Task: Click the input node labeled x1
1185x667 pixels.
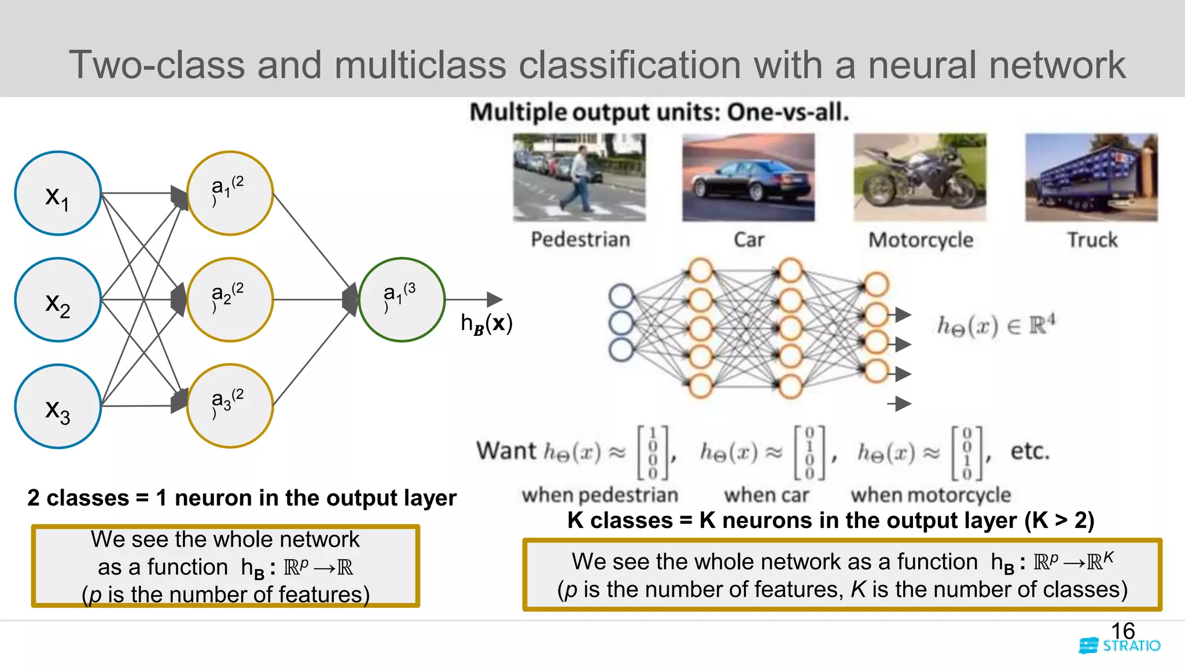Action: [x=57, y=193]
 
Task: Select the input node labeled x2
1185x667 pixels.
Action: [x=57, y=300]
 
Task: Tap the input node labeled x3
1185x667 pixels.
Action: [x=57, y=406]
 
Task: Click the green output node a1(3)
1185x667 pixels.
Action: [x=402, y=299]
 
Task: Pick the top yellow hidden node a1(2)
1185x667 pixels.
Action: [x=230, y=193]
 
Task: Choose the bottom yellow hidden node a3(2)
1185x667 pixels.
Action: [x=230, y=406]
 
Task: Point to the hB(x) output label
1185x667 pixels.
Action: [x=486, y=323]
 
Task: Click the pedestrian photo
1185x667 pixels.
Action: [x=579, y=177]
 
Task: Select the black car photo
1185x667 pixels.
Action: [x=748, y=177]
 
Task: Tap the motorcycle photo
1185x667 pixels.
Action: [x=920, y=177]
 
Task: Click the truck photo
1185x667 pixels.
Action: [x=1091, y=177]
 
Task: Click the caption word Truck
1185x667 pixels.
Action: [x=1092, y=240]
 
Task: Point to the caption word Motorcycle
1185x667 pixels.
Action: [x=921, y=240]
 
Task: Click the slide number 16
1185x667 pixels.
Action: [x=1123, y=631]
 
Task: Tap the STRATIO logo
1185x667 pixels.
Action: [x=1120, y=646]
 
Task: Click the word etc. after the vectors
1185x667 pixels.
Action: [x=1029, y=451]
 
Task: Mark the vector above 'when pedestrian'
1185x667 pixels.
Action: [x=653, y=453]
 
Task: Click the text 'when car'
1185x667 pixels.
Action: [x=766, y=495]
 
